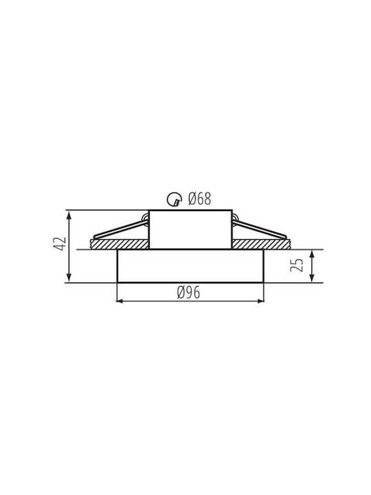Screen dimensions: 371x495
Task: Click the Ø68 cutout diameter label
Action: coord(199,199)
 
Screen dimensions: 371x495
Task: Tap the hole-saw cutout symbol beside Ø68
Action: coord(174,199)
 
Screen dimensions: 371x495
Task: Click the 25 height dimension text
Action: coord(297,265)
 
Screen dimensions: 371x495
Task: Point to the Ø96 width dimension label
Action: coord(188,293)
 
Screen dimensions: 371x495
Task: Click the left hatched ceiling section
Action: coord(120,244)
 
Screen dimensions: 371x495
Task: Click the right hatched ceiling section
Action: coord(260,244)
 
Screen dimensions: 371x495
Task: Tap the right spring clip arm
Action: coord(260,229)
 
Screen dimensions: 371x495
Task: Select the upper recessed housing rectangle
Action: coord(190,210)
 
